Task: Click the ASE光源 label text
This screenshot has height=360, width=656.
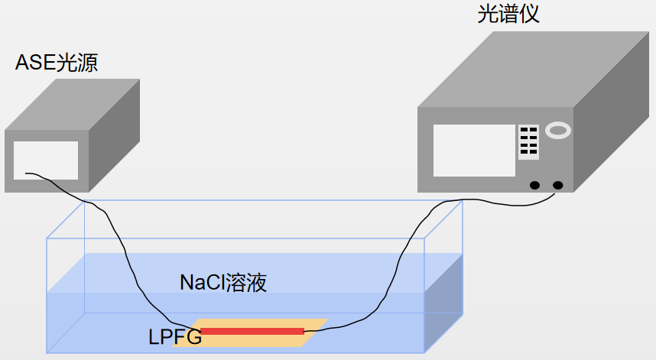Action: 57,63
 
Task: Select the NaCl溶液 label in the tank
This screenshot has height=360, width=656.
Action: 223,283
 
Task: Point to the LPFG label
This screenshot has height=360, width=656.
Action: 175,336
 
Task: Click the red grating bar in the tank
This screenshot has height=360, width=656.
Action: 252,331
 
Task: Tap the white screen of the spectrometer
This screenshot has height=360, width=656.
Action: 474,150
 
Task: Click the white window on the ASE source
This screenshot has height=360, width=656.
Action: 46,160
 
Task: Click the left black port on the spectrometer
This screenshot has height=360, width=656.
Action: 534,185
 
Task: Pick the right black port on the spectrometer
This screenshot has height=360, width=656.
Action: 557,185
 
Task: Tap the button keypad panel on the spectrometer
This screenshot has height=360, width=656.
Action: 528,141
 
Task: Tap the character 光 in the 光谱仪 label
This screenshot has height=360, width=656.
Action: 487,14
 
